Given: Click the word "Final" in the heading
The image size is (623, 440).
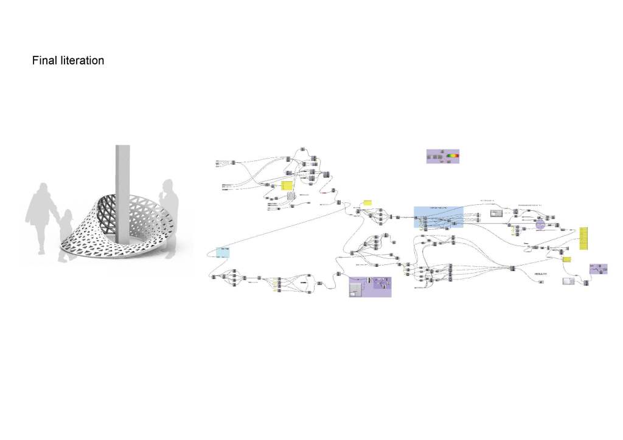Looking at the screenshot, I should pos(44,61).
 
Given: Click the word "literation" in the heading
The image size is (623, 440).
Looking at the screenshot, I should pos(81,61).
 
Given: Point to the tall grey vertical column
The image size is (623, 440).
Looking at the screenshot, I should pos(122,182).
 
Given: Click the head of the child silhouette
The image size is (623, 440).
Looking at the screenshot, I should pos(66,215).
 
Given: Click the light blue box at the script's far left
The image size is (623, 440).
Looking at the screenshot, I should pos(224,252).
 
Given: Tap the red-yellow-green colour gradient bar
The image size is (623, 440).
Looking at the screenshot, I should pos(453,156).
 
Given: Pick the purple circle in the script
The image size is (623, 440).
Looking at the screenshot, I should pos(539,225).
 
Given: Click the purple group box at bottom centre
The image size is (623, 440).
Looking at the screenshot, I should pos(370,287).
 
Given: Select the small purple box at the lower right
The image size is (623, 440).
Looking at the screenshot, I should pos(598,269).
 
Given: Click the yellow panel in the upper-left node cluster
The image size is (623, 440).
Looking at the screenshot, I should pos(287,185).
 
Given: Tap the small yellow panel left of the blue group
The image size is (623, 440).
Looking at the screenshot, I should pos(367,202).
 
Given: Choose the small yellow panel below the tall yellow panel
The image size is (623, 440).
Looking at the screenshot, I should pos(567,260).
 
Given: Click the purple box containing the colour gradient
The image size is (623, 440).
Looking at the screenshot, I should pos(442,156).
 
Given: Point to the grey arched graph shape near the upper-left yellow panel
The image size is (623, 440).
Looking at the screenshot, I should pos(291,197).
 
